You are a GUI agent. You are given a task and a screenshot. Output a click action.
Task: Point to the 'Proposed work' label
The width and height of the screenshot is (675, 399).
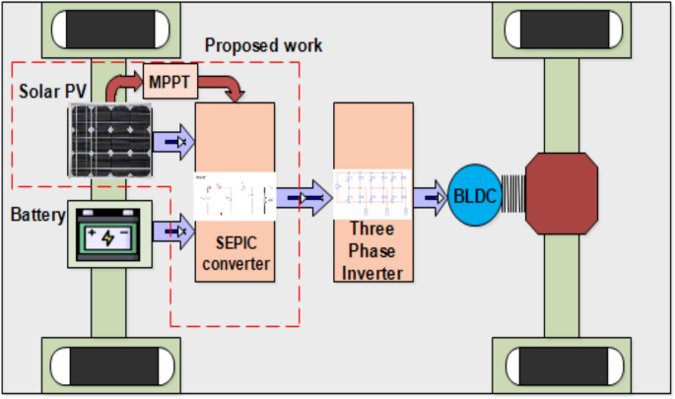point(263,45)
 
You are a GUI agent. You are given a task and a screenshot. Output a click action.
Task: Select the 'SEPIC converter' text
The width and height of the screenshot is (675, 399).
point(235,252)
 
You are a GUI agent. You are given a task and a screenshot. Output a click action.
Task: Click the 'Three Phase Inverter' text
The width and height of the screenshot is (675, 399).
point(371,252)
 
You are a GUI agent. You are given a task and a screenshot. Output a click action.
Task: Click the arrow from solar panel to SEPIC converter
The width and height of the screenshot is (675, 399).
point(174,142)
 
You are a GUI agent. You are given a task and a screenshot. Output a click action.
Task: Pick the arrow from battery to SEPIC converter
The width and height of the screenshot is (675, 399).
point(174,233)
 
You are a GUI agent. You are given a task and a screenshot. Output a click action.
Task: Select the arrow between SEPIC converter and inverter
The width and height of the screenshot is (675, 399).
point(304,196)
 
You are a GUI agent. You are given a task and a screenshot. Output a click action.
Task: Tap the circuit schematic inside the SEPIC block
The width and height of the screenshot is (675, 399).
point(235,196)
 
